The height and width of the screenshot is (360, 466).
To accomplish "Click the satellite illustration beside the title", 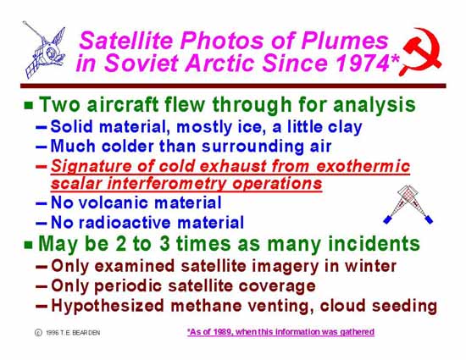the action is click(x=45, y=50).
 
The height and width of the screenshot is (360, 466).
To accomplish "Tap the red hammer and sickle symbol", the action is click(x=421, y=52).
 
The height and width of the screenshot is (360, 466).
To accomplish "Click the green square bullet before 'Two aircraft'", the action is click(x=29, y=105).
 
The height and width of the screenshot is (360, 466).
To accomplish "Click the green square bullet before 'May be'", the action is click(x=29, y=245).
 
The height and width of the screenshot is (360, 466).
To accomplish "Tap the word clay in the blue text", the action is click(x=345, y=128).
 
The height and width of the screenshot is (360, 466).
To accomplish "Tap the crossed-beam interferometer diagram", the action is click(x=408, y=204).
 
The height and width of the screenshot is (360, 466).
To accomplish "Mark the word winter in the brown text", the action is click(x=370, y=266).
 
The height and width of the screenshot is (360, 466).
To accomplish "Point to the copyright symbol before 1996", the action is click(x=38, y=332).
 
